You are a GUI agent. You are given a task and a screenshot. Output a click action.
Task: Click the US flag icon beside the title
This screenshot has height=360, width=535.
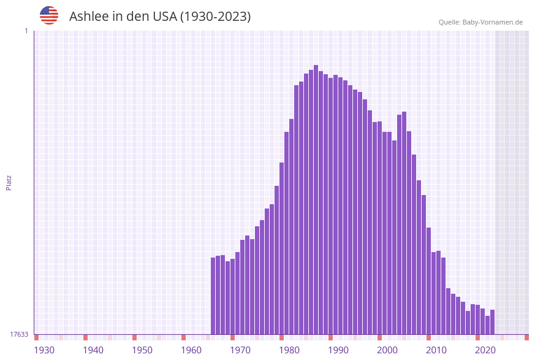click(49, 15)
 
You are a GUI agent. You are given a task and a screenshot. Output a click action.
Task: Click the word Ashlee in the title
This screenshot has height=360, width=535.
click(88, 17)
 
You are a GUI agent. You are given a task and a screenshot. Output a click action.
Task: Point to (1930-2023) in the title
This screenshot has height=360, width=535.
click(215, 17)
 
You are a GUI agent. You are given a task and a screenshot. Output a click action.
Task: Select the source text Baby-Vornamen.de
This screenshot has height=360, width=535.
click(493, 22)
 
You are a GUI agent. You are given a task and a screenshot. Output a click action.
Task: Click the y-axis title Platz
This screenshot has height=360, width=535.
click(9, 183)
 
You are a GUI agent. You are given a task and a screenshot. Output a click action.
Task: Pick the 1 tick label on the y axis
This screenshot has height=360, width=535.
click(26, 31)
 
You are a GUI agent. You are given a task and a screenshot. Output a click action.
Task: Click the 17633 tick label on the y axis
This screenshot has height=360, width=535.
click(19, 334)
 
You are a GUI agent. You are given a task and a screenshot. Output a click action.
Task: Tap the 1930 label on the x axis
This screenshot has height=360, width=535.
click(44, 350)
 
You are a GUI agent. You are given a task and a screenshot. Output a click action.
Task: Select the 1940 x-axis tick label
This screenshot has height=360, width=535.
click(93, 350)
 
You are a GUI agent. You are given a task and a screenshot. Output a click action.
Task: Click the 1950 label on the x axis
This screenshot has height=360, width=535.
click(142, 350)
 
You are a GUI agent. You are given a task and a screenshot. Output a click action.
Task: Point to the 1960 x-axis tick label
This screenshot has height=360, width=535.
click(191, 350)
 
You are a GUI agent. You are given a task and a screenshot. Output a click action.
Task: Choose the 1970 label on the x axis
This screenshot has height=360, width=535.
click(240, 350)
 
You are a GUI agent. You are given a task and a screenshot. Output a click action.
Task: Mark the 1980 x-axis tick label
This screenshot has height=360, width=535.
click(289, 350)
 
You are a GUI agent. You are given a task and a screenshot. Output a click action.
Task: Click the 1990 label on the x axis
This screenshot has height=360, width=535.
click(338, 350)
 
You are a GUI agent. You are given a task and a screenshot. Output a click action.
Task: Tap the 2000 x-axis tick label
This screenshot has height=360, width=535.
click(387, 350)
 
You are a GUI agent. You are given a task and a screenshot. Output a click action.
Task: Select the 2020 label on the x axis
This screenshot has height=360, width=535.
click(485, 350)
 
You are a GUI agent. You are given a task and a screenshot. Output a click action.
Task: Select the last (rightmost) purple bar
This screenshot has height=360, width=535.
click(492, 322)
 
